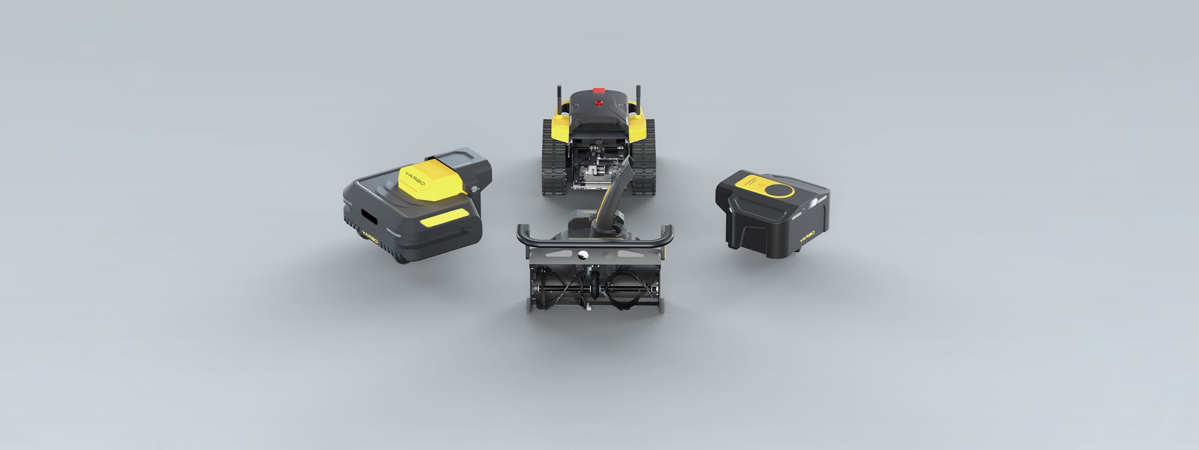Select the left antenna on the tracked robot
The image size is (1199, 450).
[x=559, y=98]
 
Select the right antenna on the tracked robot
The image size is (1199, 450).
[x=638, y=98]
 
